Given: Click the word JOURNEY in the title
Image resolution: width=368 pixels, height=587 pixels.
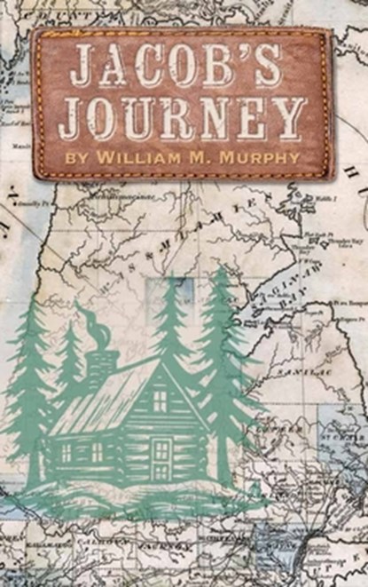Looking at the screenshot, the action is tap(181, 117).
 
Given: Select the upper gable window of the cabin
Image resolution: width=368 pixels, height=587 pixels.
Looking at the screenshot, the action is tap(159, 401).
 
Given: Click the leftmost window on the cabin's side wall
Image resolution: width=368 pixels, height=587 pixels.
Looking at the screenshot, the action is tap(66, 452).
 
